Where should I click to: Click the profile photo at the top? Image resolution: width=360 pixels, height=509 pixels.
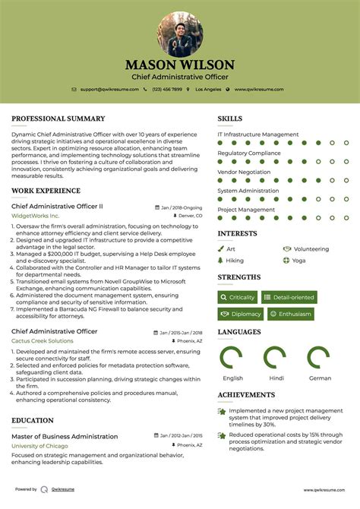(180, 34)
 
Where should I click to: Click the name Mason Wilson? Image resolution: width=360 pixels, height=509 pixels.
(180, 65)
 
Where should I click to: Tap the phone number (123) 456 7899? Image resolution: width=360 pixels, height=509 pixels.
(166, 90)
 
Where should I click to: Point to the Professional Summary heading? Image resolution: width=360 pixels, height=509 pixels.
(58, 119)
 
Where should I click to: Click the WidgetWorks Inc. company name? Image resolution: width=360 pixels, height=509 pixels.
(36, 216)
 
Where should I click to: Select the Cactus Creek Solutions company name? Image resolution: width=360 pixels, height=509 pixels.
(43, 341)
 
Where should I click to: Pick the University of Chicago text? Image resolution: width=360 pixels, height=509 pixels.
(40, 446)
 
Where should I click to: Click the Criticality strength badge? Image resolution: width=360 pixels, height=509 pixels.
(237, 297)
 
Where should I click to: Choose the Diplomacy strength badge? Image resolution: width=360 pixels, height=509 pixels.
(240, 314)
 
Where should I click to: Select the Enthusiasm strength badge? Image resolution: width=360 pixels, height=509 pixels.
(290, 314)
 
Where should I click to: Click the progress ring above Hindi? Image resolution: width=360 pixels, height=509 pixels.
(276, 358)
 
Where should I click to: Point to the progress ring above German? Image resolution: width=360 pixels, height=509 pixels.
(320, 358)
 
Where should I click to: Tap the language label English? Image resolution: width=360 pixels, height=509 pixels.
(233, 378)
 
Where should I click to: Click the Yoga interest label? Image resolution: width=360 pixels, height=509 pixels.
(298, 260)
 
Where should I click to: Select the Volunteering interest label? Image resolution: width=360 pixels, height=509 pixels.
(311, 248)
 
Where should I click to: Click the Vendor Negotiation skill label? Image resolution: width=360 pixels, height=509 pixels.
(244, 172)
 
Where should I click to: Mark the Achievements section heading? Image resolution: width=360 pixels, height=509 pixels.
(246, 395)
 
